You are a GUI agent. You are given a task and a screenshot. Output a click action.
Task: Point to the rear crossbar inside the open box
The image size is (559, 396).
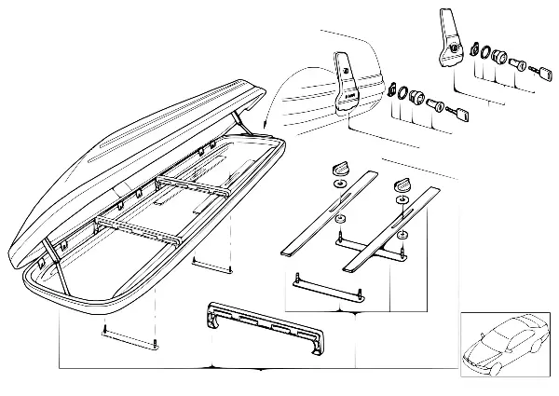[196, 187]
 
